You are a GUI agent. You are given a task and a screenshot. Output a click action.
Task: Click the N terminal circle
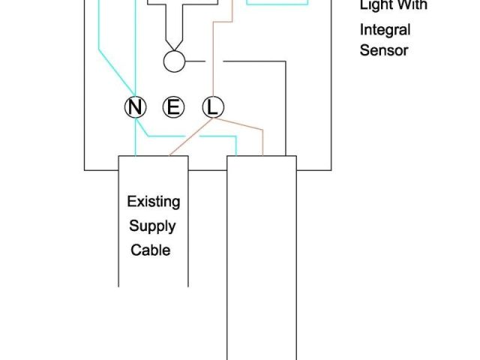pos(135,108)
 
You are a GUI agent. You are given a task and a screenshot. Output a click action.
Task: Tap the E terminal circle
pos(173,108)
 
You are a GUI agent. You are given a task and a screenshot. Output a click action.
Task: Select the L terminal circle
pos(212,108)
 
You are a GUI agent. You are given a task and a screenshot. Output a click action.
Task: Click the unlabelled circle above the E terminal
pos(173,61)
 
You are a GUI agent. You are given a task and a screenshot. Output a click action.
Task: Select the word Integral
pos(385,31)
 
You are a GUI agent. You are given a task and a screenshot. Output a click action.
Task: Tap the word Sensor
pos(383,50)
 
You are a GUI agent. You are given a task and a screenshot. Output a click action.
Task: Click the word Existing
pos(153,202)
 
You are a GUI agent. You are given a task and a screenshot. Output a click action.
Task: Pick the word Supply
pos(152,226)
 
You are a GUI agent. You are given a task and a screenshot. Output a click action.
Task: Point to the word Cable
pos(151,250)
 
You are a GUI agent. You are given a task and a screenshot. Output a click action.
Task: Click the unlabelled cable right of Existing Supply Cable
pos(262,255)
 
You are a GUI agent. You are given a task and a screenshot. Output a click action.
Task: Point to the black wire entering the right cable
pos(286,112)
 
